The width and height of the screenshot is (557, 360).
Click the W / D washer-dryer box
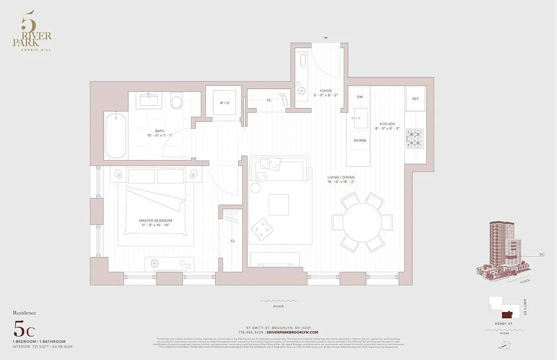[x=224, y=103]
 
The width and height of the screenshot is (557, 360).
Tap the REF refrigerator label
[x=415, y=98]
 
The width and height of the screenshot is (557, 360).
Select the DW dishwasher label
[x=360, y=97]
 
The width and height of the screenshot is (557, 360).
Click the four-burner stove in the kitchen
[x=415, y=138]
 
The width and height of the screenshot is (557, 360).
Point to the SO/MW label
[x=359, y=140]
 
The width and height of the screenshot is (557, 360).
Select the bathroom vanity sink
[x=148, y=99]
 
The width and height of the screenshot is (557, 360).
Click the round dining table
[x=362, y=222]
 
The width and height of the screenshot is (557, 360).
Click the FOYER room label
[x=326, y=91]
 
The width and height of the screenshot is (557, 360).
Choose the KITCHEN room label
[x=387, y=124]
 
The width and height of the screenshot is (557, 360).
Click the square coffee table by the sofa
[x=279, y=205]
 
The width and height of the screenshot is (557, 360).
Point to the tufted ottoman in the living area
[x=261, y=229]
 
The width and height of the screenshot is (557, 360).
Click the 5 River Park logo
[x=32, y=31]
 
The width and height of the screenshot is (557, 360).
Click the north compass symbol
[x=507, y=345]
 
